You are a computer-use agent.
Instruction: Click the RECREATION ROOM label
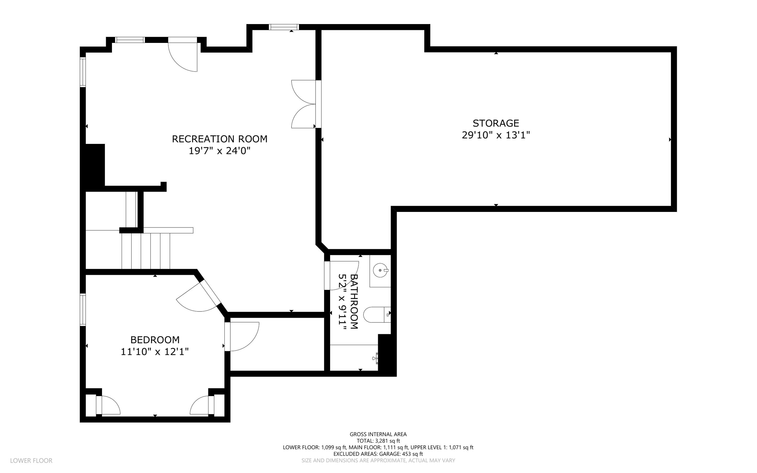tap(220, 139)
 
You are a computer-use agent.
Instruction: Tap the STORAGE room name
tap(496, 123)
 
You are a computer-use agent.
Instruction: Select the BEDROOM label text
tap(155, 340)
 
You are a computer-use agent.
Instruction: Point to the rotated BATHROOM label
tap(354, 302)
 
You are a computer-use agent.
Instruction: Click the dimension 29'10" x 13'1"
tap(496, 135)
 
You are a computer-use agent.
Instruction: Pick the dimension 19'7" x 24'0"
tap(220, 151)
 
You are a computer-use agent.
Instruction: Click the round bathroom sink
tap(380, 270)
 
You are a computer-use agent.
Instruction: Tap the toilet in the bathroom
tap(377, 315)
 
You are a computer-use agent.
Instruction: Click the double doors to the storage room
tap(306, 104)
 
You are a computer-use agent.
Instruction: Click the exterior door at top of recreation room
tap(183, 54)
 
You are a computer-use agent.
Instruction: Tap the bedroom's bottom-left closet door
tap(108, 405)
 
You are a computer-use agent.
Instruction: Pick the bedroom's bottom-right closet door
tap(202, 405)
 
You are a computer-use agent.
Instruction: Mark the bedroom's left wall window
tap(83, 310)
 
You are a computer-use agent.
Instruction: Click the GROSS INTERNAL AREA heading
tap(378, 435)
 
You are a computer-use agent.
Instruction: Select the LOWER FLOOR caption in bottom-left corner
tap(31, 461)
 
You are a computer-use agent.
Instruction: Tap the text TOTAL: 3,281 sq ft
tap(378, 441)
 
